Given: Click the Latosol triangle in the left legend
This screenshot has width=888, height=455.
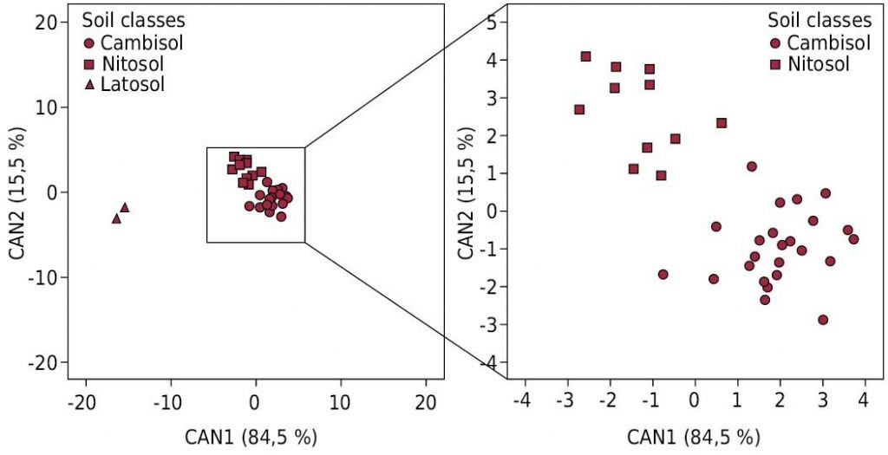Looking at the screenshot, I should click(89, 85).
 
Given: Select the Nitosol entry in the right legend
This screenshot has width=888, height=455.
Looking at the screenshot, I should click(817, 63).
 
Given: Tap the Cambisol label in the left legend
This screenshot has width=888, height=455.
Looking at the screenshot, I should click(140, 42).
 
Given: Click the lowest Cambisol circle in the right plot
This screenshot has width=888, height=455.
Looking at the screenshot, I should click(823, 320).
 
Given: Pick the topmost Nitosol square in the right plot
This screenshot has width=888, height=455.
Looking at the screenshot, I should click(585, 56).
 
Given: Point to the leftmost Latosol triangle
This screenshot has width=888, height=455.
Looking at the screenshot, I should click(116, 218).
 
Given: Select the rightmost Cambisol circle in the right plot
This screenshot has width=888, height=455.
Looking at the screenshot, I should click(853, 239).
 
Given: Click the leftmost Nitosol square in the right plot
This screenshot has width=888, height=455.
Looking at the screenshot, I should click(579, 109).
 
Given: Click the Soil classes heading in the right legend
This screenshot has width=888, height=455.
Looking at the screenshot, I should click(819, 20).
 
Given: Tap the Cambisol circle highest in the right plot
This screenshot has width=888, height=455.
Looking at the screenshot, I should click(752, 166).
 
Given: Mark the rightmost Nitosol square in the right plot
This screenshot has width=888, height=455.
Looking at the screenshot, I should click(721, 123).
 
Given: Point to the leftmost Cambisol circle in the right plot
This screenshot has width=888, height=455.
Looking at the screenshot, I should click(663, 274).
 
